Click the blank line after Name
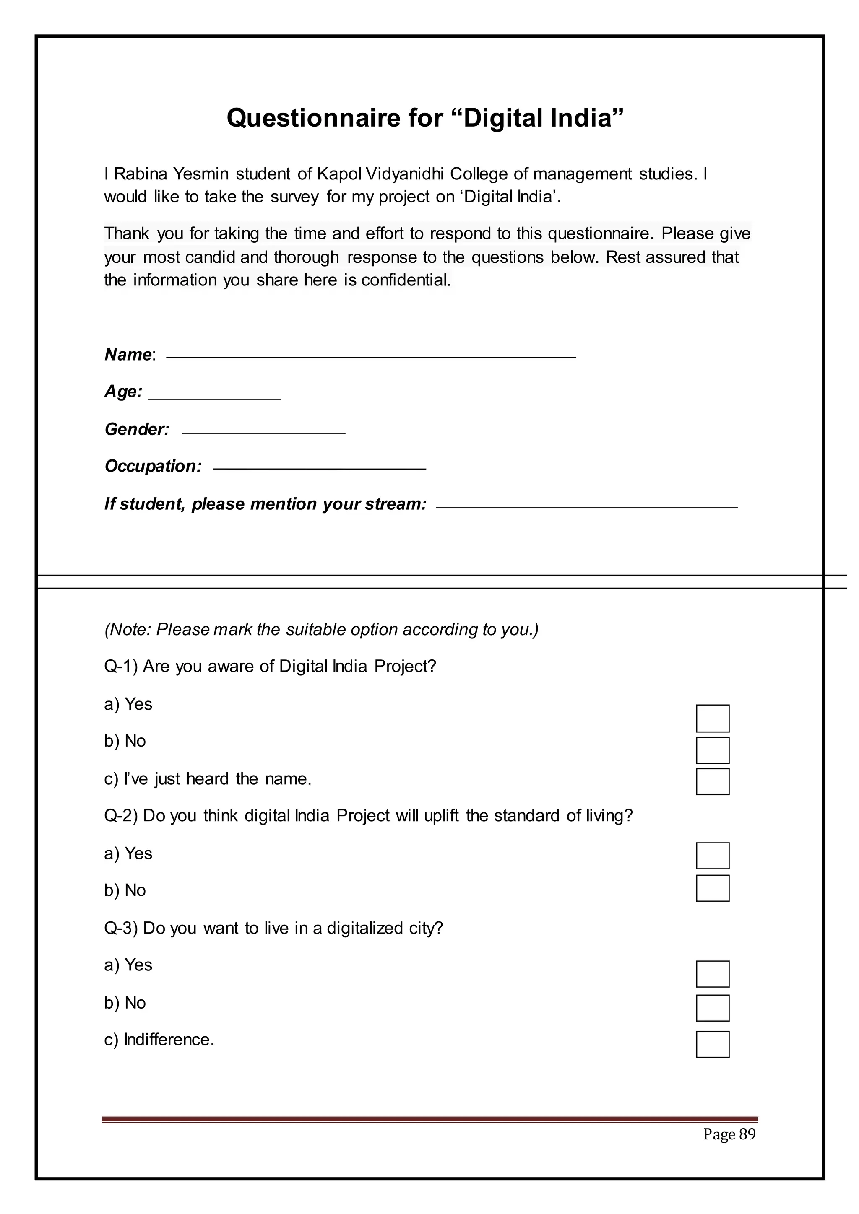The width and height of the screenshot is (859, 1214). (370, 357)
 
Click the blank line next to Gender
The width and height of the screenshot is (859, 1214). (263, 433)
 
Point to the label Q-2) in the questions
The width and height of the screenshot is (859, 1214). (121, 816)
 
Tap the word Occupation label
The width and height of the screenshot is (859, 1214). (152, 466)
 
